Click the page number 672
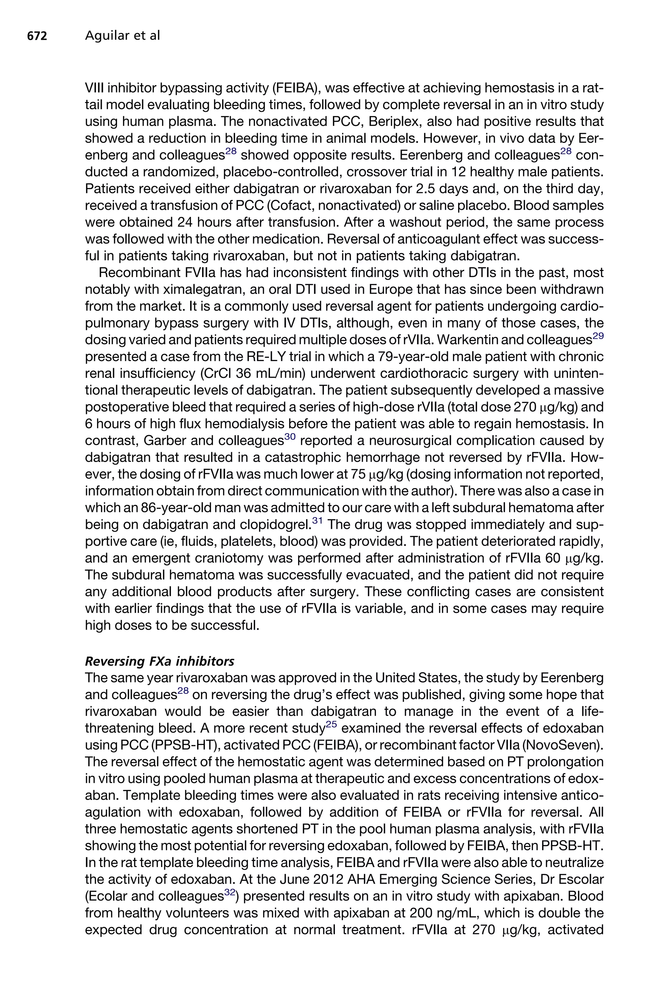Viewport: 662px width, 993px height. pyautogui.click(x=37, y=36)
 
